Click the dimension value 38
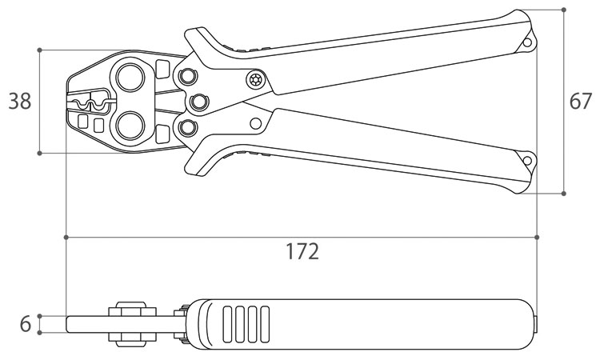point(20,101)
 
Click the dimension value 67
point(581,101)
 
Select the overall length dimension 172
point(302,251)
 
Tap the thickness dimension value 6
point(26,324)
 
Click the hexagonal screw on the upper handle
point(255,80)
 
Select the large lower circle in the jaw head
point(130,126)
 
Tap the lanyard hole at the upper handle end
point(527,42)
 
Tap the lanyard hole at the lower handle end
point(527,161)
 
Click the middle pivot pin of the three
point(198,102)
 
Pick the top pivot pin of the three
point(187,76)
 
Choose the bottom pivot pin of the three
point(187,128)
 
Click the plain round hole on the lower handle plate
point(256,123)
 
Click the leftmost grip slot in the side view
point(227,324)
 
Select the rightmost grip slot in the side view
point(265,324)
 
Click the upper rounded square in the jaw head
point(163,69)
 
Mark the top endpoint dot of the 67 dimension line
point(564,10)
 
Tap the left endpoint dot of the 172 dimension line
point(66,237)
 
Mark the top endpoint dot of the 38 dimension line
point(39,50)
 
